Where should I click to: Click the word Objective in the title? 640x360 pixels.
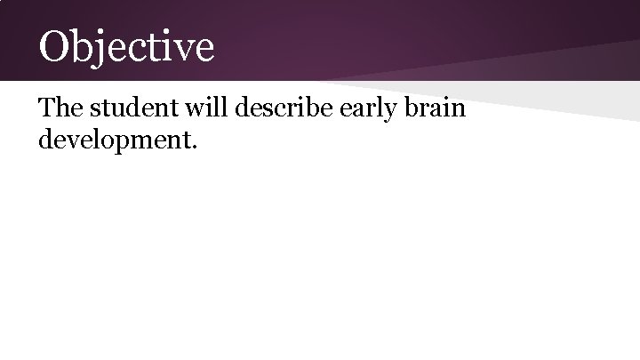125,46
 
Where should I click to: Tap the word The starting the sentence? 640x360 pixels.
59,108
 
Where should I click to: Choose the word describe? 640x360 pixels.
276,108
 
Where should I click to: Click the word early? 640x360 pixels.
364,109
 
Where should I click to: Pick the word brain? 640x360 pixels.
435,108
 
